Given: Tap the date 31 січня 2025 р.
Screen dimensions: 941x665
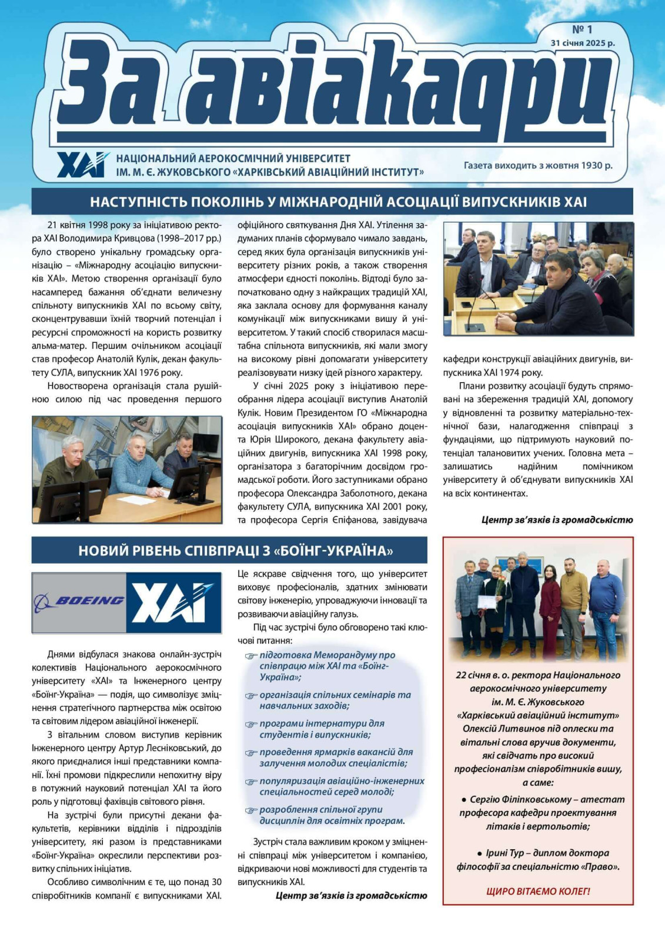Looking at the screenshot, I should click(582, 43).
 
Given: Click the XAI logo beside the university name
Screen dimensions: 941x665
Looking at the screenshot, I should click(82, 165).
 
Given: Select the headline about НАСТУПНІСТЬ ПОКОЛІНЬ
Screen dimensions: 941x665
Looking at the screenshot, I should click(338, 202).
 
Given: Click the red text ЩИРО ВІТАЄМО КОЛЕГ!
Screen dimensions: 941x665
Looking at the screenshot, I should click(537, 891).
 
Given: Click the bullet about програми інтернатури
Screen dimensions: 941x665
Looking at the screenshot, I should click(322, 729).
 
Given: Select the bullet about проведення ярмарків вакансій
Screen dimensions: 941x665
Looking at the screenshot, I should click(336, 758).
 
